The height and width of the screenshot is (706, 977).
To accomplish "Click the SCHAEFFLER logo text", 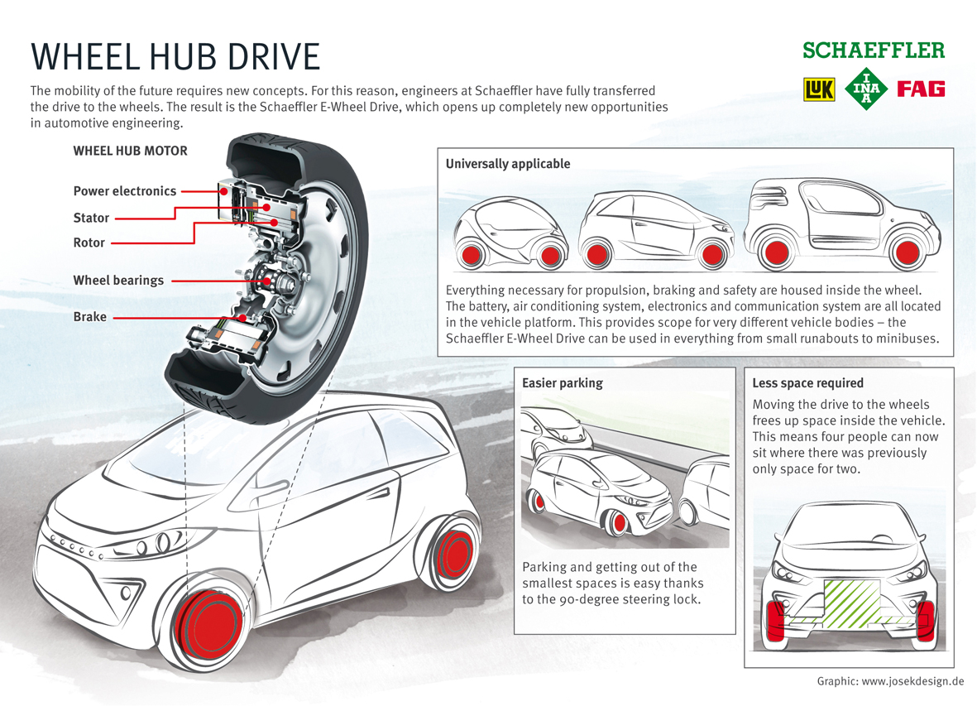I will coord(873,50).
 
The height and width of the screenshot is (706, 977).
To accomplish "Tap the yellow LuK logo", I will coord(819,89).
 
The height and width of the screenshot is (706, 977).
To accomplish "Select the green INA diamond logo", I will coord(866,89).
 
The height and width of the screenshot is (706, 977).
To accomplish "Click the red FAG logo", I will coord(921,89).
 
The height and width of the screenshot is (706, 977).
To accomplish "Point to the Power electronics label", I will coord(125,191).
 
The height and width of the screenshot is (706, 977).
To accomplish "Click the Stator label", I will coord(91,218).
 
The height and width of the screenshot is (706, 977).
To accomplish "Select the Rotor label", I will coord(89,243).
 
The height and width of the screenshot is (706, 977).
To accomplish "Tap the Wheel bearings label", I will coord(118,281).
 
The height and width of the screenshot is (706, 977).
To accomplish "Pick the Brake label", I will coord(89,317).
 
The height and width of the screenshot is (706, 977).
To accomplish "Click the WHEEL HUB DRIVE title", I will coord(175,56).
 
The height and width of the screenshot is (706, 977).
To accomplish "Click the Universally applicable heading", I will coord(507,164).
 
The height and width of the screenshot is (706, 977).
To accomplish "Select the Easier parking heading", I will coord(562,383).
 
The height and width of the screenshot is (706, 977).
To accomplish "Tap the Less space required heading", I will coord(807,383).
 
